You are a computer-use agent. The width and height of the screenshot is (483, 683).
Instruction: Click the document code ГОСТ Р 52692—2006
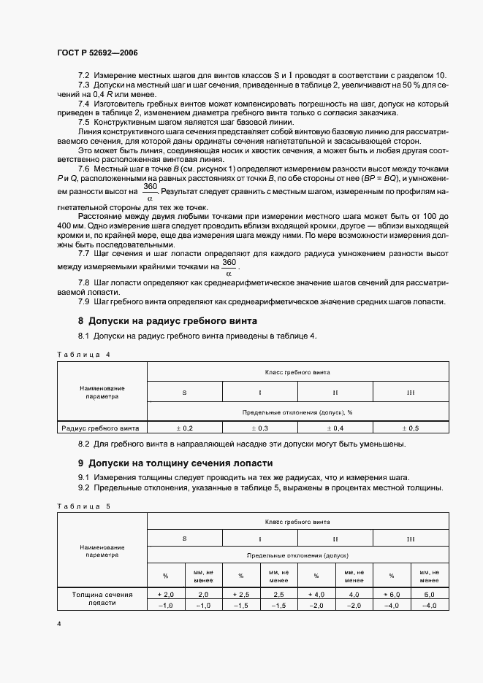tap(97, 53)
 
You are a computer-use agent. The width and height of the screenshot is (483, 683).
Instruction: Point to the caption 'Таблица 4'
tap(83, 354)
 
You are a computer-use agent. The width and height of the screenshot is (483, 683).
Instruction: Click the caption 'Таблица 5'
tap(83, 505)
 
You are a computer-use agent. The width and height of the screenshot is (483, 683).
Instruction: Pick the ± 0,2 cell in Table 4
tap(185, 428)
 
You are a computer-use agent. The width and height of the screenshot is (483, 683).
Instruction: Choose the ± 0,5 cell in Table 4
tap(410, 428)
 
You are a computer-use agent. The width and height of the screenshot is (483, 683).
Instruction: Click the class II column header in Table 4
tap(335, 392)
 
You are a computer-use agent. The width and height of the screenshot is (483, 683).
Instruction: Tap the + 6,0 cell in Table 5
tap(391, 595)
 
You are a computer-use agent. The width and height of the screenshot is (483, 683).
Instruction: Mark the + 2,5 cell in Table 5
tap(241, 595)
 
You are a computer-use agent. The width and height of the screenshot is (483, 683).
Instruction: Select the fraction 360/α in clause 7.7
tap(229, 267)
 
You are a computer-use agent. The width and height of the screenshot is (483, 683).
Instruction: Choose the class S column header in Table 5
tap(185, 539)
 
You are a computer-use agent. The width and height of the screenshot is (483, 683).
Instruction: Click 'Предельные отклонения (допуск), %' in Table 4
tap(297, 412)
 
